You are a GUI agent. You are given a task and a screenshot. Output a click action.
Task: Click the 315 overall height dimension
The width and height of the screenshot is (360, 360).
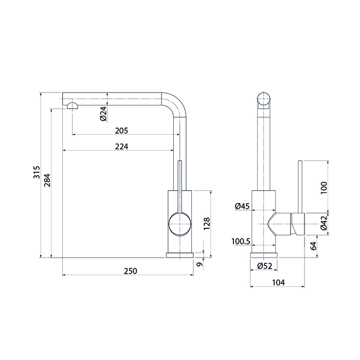tap(37, 172)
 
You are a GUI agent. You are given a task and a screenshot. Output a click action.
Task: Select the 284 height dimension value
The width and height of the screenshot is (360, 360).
tap(47, 180)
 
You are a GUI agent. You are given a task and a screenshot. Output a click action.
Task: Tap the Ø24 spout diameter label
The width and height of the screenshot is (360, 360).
tap(103, 114)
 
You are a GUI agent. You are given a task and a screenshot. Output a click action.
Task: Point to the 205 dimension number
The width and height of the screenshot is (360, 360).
tap(121, 131)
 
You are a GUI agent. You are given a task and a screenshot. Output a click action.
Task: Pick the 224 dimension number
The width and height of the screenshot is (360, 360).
tap(121, 147)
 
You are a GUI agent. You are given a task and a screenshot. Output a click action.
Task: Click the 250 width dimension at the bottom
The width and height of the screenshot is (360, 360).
tap(131, 271)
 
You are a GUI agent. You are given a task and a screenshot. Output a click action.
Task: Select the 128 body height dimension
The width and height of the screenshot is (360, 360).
tap(207, 223)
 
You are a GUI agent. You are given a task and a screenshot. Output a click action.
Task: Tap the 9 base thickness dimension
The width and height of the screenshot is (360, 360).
tap(200, 264)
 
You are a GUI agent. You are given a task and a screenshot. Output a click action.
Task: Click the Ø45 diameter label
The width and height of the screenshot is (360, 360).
tap(242, 206)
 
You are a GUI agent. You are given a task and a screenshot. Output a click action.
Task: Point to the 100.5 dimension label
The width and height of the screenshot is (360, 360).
tap(241, 242)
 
